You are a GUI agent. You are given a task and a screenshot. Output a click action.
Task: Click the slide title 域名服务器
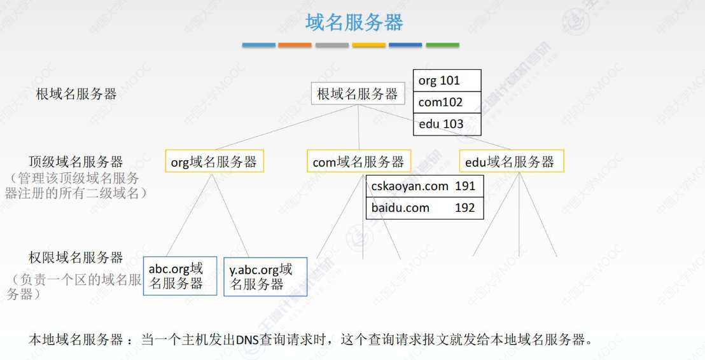point(354,23)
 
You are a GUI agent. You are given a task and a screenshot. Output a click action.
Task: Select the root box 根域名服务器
point(358,95)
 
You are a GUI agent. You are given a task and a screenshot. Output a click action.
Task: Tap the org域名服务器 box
point(214,162)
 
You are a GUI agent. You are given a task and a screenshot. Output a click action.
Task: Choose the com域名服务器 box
point(358,162)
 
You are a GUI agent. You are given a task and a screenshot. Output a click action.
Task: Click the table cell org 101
point(447,81)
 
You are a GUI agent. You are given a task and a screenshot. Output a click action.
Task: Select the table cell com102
point(447,102)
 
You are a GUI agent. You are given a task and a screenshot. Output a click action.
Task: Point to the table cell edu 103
point(447,124)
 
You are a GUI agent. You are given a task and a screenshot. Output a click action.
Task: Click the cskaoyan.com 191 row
point(424,186)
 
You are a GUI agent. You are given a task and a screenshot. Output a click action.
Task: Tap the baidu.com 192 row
point(424,208)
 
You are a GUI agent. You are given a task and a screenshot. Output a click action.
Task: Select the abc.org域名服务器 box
point(180,276)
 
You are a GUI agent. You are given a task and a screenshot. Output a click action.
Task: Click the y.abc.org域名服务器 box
point(265,277)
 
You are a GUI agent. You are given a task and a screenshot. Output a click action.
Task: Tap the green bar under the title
point(442,45)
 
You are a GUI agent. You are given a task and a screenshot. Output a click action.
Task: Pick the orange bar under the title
point(295,45)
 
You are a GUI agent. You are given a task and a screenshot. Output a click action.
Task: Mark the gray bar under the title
point(332,45)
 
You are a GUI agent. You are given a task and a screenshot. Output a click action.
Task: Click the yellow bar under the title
point(369,45)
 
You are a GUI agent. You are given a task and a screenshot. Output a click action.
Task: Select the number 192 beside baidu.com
point(465,208)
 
